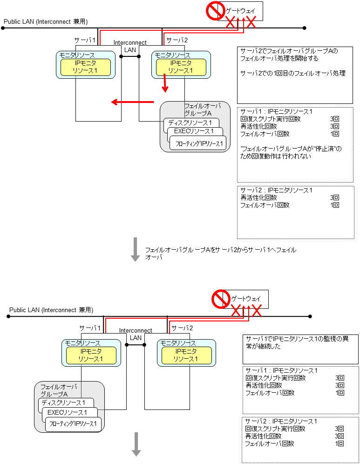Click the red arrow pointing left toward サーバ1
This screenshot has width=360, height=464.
132,102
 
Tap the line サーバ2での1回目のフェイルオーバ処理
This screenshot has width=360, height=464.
292,73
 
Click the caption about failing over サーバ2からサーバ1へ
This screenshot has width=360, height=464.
220,253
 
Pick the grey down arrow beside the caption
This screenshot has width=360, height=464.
136,249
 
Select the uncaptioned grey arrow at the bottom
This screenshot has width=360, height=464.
136,444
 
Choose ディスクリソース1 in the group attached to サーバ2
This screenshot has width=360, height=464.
190,123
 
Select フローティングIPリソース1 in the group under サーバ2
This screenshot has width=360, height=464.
199,143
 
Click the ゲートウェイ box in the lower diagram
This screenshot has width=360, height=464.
246,299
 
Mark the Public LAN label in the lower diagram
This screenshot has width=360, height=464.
51,310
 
